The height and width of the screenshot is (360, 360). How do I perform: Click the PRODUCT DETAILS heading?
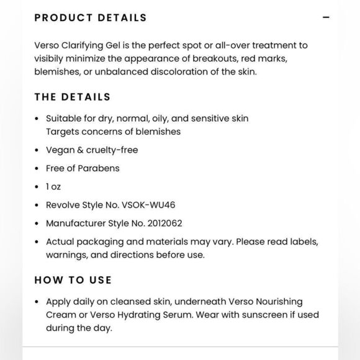tap(91, 17)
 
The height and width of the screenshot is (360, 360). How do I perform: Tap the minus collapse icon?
tap(326, 17)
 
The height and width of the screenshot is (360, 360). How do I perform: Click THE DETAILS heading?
tap(73, 97)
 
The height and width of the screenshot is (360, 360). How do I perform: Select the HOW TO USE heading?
tap(73, 280)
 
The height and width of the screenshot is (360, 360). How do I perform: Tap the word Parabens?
tap(99, 168)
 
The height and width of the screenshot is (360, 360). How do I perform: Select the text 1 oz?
tap(53, 186)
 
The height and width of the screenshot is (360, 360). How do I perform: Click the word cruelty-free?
tap(112, 150)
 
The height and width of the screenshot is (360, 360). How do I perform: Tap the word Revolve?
tap(63, 205)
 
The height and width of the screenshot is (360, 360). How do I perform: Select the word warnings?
tap(66, 254)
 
